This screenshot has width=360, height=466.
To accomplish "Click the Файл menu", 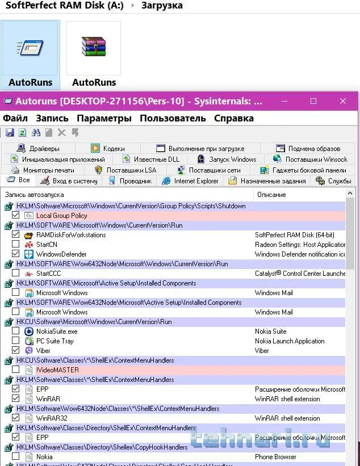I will (15, 118).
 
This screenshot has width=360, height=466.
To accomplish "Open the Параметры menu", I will (104, 118).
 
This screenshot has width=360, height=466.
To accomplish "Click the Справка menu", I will (233, 118).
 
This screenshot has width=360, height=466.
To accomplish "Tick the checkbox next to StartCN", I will (16, 245).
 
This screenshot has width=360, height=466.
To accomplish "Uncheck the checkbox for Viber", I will (16, 351).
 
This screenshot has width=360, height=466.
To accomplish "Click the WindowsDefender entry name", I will (61, 254).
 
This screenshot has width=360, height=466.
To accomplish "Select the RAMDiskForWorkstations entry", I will (71, 235).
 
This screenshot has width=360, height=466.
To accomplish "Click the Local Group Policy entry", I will (61, 216).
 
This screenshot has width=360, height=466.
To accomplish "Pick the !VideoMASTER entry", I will (57, 370).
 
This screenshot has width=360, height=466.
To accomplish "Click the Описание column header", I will (271, 195).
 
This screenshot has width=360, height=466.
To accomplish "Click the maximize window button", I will (313, 101).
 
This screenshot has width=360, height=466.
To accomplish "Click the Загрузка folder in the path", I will (162, 6).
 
